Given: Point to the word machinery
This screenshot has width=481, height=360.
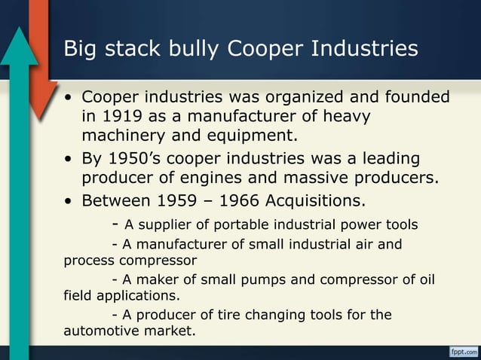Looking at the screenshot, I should [x=123, y=137].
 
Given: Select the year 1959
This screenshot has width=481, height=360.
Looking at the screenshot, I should [x=171, y=201].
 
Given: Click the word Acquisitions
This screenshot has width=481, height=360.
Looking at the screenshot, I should [x=313, y=201].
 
